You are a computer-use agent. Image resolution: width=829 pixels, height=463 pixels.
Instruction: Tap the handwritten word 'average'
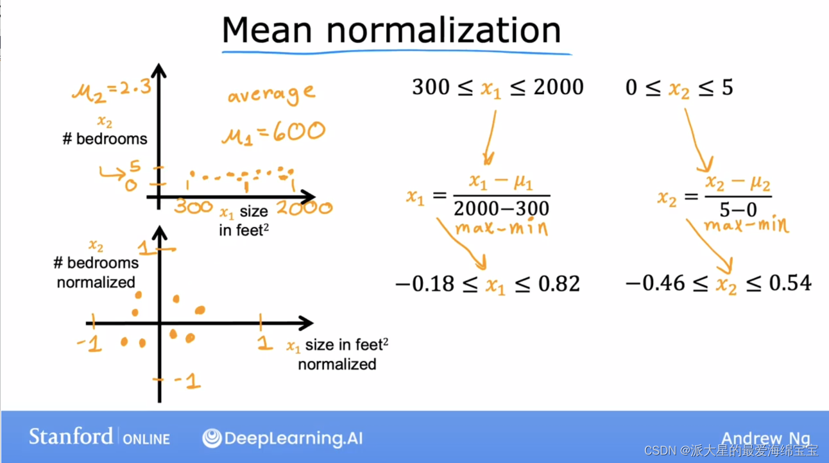tap(271, 96)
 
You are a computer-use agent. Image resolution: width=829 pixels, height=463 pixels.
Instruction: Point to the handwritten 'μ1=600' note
tap(273, 133)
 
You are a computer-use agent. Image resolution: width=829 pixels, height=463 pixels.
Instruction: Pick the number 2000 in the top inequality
tap(551, 87)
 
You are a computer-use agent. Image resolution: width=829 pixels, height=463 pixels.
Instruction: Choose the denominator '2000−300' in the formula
tap(501, 208)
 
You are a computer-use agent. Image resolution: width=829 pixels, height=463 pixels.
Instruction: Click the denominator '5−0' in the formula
tap(738, 209)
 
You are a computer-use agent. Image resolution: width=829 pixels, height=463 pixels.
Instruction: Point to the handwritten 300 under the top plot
tap(194, 206)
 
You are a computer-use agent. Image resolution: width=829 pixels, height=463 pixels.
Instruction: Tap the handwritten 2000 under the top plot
tap(304, 208)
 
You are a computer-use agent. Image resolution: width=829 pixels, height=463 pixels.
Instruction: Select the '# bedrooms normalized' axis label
tap(96, 272)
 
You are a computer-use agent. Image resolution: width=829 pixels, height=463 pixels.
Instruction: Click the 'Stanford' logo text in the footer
tap(71, 437)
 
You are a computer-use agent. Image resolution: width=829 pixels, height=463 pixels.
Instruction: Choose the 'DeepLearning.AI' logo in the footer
tap(282, 439)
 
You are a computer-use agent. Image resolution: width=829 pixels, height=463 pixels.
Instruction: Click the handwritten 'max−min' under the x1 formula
tap(501, 228)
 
